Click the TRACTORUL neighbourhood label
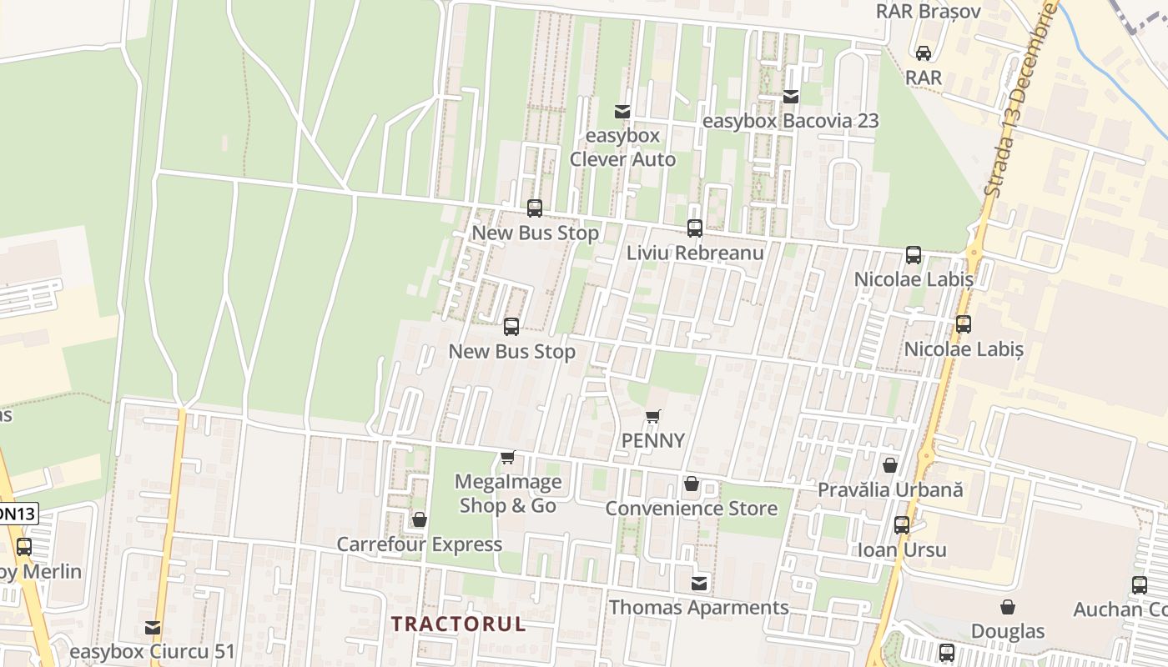(x=459, y=624)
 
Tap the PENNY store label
(x=653, y=440)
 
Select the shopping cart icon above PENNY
(x=653, y=416)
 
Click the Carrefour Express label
(x=419, y=544)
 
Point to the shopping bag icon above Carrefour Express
(x=420, y=519)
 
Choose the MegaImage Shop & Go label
(x=508, y=494)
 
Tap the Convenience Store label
(x=691, y=508)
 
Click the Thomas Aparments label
(x=699, y=608)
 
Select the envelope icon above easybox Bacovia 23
(x=791, y=97)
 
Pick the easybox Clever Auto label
(x=622, y=147)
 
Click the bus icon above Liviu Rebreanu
(x=694, y=228)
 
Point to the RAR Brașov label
(x=928, y=12)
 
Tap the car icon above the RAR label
(x=924, y=53)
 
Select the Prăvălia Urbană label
(x=890, y=489)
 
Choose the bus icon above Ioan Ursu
(x=902, y=525)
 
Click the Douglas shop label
(x=1008, y=631)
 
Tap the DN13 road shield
(x=17, y=514)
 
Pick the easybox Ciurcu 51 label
(x=152, y=651)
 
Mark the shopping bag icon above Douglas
(x=1008, y=607)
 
